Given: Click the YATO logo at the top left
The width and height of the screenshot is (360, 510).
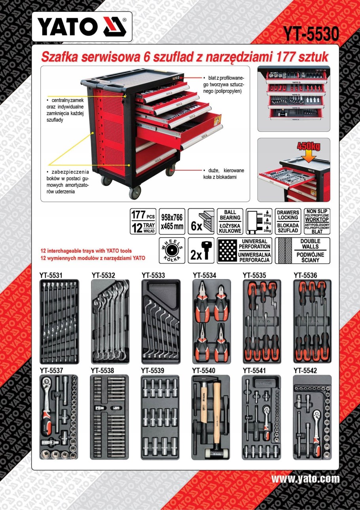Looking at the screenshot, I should coord(82,27).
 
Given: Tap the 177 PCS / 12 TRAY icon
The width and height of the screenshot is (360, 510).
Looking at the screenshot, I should coord(143,221).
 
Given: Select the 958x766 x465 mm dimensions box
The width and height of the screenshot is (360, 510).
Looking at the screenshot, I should coord(172,222).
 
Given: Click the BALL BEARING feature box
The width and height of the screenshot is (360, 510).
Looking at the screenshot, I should coord(230,221).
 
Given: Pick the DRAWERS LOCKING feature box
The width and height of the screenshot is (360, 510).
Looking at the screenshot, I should coord(288,221).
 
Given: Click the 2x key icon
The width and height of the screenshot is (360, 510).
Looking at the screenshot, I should coord(201,251).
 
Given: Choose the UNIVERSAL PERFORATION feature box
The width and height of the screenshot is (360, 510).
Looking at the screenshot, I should coord(244,251).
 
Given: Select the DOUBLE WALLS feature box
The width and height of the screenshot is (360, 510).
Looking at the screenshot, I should coord(302,251).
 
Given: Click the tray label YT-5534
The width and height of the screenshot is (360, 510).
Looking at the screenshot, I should coord(204,275).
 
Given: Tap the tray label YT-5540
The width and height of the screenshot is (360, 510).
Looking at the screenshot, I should coord(204,371).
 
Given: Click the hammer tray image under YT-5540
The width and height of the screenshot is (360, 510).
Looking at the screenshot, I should coord(210,417).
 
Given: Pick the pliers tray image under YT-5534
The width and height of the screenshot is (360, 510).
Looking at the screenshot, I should coord(211,321).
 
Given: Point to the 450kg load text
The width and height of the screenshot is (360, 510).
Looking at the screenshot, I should coord(308,146).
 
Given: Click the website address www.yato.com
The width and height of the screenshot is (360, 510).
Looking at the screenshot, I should coord(305,479).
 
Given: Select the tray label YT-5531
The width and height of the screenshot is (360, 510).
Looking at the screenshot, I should coord(51,275).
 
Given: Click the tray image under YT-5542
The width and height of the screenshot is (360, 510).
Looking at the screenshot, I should coord(312,417).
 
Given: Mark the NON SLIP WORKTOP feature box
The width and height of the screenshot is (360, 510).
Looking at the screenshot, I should coord(316,221).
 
